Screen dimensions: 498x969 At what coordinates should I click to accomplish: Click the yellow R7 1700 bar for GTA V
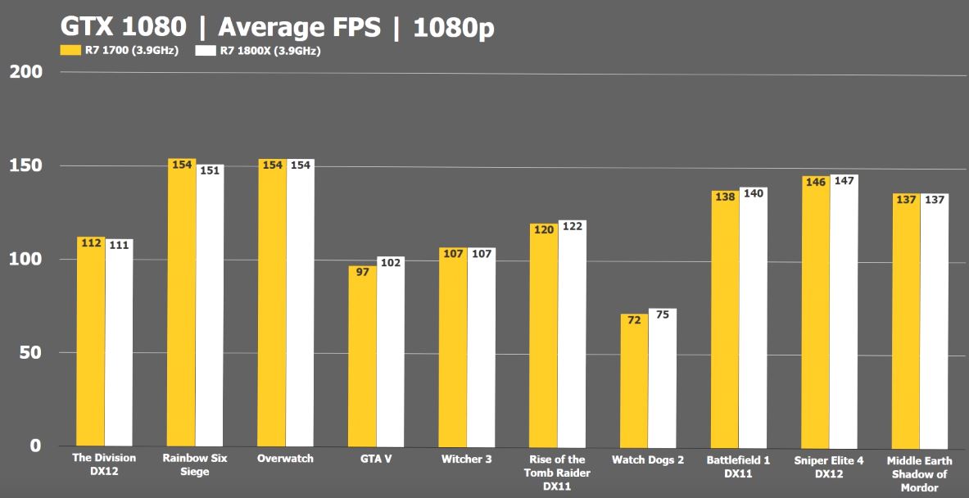[x=362, y=356]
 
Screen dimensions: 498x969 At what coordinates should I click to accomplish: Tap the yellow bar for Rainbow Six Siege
[x=182, y=303]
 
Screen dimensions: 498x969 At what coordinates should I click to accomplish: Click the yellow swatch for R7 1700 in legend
[x=70, y=50]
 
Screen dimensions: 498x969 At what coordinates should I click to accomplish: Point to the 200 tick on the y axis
[x=26, y=72]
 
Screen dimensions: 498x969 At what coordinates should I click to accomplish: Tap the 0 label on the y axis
[x=35, y=446]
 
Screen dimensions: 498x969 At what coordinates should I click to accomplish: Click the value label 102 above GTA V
[x=391, y=263]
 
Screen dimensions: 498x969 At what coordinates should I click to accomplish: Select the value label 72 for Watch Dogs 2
[x=634, y=320]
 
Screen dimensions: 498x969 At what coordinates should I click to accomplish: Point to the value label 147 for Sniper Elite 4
[x=844, y=180]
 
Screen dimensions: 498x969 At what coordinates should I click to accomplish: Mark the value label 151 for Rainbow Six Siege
[x=210, y=170]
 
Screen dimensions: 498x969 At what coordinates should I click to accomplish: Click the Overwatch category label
[x=285, y=459]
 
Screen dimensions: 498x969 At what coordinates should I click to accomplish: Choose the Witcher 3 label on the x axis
[x=466, y=459]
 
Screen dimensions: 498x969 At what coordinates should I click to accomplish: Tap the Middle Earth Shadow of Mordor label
[x=920, y=473]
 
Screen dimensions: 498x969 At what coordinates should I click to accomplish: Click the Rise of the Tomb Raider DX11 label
[x=557, y=473]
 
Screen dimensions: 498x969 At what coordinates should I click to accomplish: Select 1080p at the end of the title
[x=453, y=27]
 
